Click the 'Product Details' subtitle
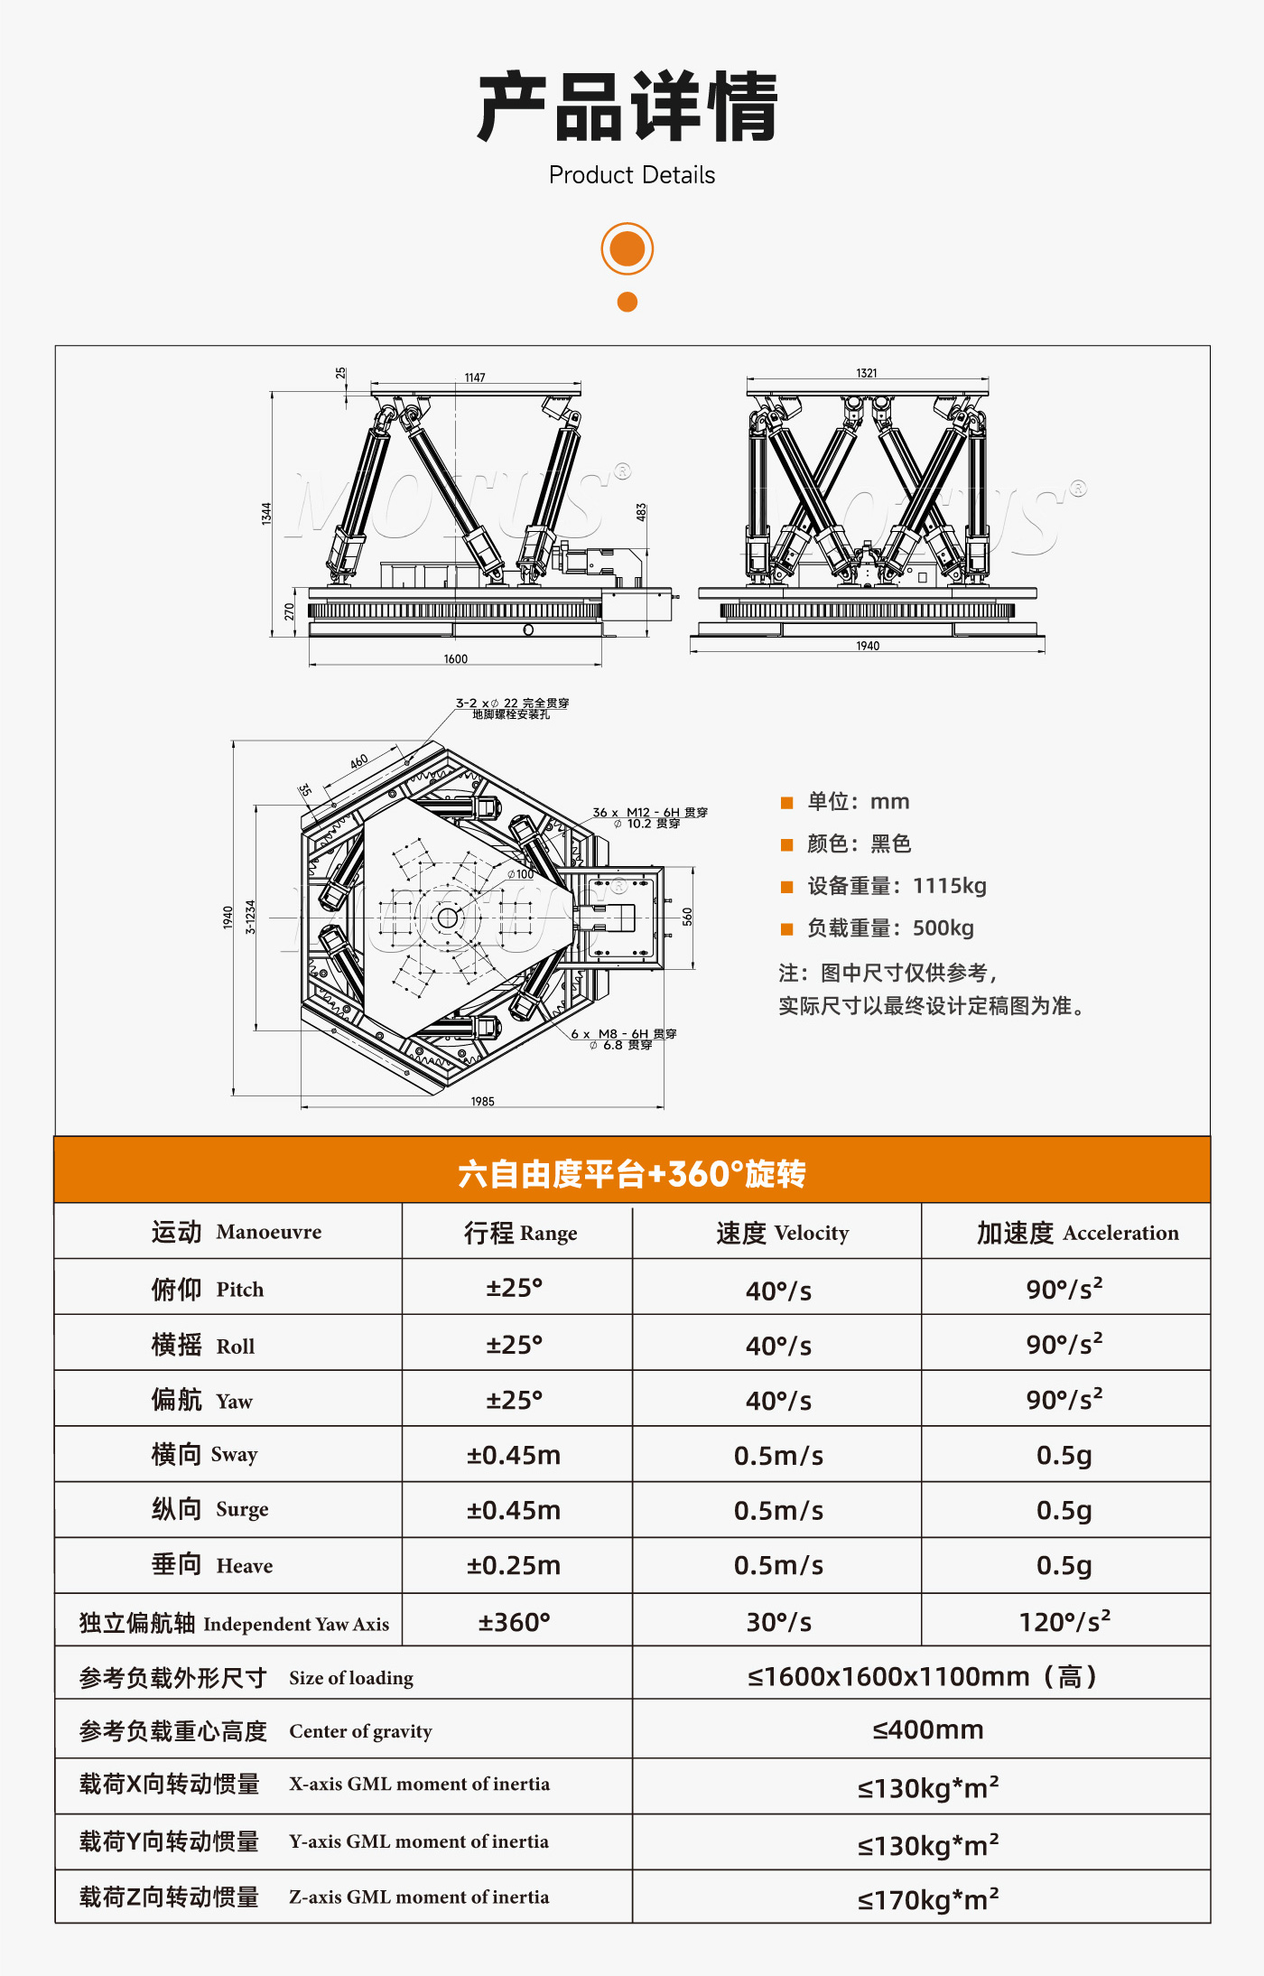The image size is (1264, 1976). point(632,175)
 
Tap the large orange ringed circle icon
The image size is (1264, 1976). point(627,248)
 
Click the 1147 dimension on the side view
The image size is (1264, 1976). point(475,377)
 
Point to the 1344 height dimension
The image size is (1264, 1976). point(266,514)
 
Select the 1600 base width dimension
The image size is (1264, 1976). point(456,659)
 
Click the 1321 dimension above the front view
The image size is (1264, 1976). point(867,373)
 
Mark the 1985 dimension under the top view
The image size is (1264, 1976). point(483,1101)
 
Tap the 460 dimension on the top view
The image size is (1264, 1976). point(359,761)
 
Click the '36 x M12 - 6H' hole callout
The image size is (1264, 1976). point(650,813)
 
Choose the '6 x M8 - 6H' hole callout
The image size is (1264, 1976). point(624,1034)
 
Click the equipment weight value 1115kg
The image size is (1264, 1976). point(950,885)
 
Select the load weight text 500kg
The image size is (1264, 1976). point(943,927)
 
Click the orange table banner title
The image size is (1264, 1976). point(632,1173)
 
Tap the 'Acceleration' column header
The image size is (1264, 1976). point(1121,1233)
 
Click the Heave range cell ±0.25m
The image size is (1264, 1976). point(514,1565)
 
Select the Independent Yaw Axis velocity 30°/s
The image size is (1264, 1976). point(778,1622)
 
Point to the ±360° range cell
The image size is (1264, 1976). point(514,1622)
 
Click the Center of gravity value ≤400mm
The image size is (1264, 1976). point(928,1729)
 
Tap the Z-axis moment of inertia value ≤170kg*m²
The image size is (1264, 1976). point(928,1898)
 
